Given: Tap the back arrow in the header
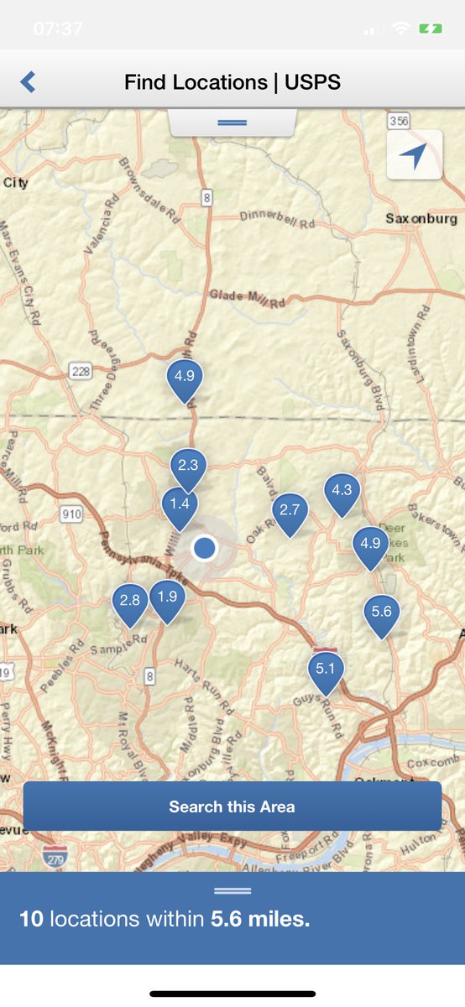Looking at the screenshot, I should [x=28, y=82].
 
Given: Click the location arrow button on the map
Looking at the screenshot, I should [x=414, y=155].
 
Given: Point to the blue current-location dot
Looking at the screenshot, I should [x=205, y=549].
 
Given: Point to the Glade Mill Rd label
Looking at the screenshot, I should [x=248, y=297].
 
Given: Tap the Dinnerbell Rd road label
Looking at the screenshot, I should [x=277, y=220].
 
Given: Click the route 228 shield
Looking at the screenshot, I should [x=81, y=370].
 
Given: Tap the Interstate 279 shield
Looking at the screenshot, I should [x=55, y=855].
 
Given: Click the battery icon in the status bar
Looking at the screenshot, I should [x=431, y=29].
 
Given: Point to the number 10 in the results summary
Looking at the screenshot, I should [x=31, y=919].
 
